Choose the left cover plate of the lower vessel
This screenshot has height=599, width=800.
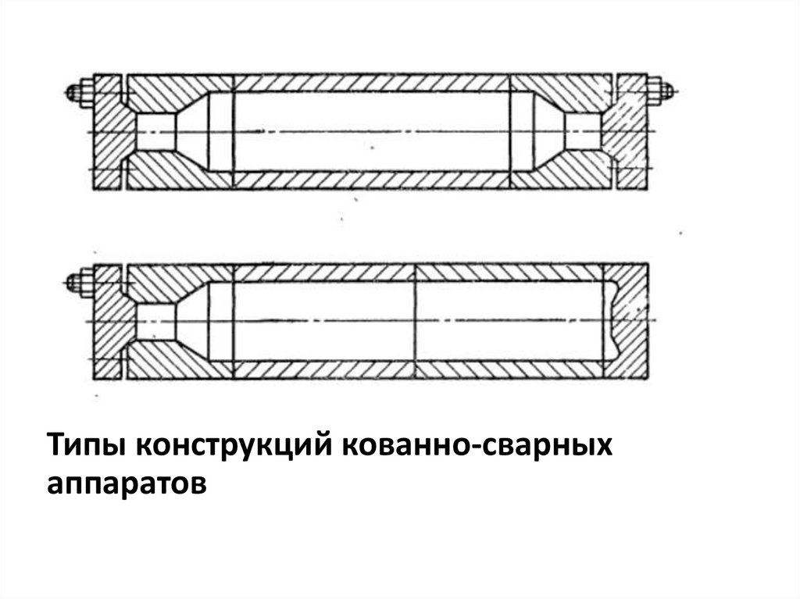pos(107,322)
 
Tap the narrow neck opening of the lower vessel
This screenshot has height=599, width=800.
pos(154,322)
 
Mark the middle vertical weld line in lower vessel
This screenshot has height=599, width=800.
pos(415,322)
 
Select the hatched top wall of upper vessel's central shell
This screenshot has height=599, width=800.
pos(371,83)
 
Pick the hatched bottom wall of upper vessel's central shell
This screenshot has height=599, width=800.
pos(371,180)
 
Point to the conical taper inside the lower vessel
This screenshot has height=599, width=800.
pos(191,322)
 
